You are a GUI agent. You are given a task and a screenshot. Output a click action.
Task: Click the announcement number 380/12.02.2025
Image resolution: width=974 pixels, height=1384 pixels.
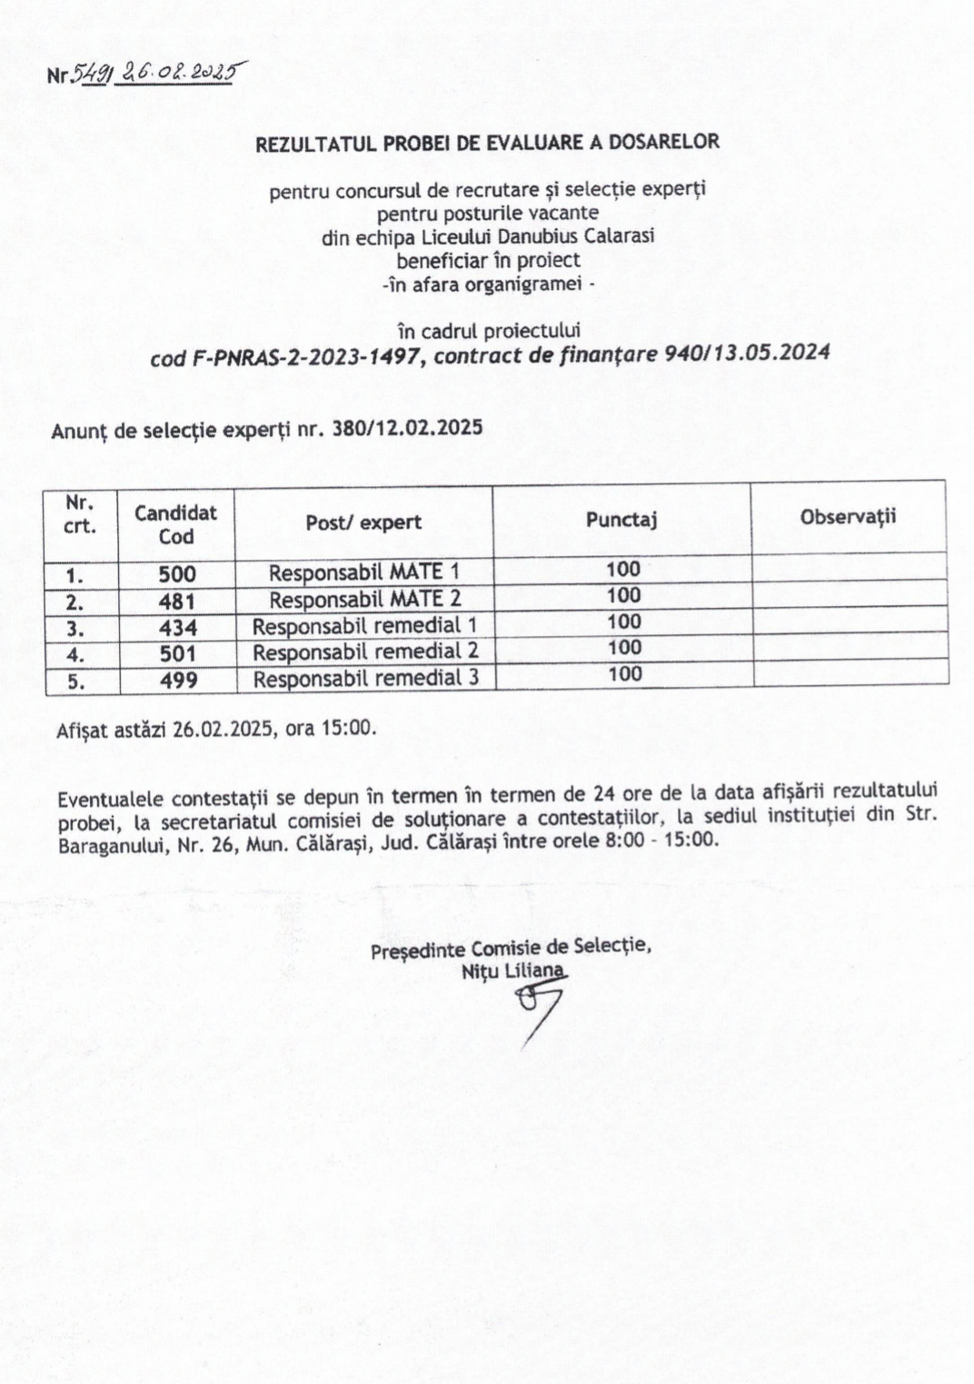coord(407,427)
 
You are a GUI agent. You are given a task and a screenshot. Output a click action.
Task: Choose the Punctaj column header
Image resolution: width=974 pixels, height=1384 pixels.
coord(621,520)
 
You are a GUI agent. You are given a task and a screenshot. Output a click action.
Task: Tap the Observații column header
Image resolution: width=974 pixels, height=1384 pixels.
coord(848,516)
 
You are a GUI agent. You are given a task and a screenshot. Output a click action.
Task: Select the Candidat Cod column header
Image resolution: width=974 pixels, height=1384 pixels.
coord(175,523)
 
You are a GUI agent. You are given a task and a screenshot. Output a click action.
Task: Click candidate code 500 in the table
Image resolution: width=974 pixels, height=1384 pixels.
coord(176,573)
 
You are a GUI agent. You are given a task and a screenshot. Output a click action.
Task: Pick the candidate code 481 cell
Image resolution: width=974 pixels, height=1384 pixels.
coord(176,601)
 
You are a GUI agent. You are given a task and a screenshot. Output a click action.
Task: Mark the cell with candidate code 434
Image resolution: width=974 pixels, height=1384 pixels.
coord(177,627)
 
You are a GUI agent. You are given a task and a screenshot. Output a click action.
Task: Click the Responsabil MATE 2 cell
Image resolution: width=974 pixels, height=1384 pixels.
coord(364,599)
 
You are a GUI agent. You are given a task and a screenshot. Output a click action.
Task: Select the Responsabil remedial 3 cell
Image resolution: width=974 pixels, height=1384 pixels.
coord(365,679)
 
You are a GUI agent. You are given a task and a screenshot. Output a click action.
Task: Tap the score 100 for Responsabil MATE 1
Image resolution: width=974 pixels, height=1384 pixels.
coord(623,570)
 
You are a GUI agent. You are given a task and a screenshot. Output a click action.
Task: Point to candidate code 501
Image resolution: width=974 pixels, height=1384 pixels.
coord(178,653)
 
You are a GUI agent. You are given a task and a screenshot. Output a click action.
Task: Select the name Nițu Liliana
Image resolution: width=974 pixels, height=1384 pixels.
coord(512,971)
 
